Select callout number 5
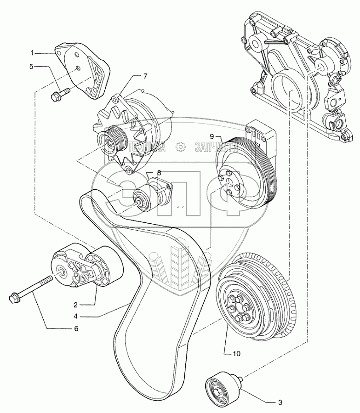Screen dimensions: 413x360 (x=31, y=67)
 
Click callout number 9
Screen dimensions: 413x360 (x=212, y=136)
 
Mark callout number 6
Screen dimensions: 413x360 (x=76, y=328)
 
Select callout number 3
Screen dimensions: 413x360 (x=279, y=403)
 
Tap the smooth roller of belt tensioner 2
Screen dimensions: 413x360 (x=108, y=268)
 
